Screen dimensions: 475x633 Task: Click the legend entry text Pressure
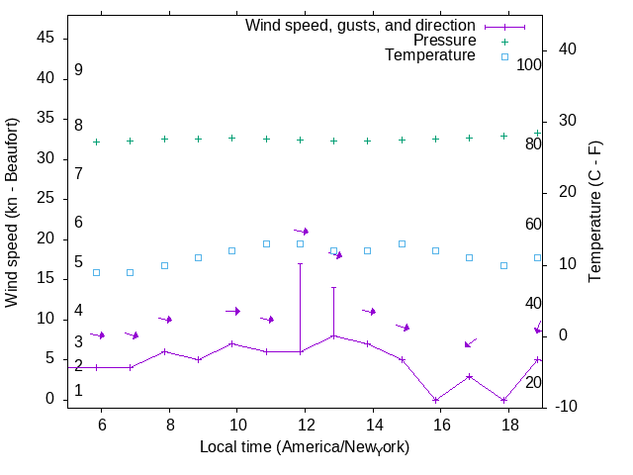[x=444, y=41]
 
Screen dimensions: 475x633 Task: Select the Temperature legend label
[x=430, y=55]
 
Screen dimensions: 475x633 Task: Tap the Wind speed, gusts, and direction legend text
[x=361, y=26]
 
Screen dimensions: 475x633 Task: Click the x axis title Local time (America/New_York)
[x=305, y=446]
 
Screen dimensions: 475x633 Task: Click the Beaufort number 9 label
[x=78, y=70]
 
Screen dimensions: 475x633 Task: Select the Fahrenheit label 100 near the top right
[x=529, y=64]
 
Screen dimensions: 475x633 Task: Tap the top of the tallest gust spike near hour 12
[x=300, y=263]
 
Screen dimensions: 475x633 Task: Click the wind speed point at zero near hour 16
[x=435, y=400]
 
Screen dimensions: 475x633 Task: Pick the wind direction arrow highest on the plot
[x=302, y=231]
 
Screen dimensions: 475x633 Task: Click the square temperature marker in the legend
[x=503, y=56]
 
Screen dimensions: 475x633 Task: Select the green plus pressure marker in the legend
[x=503, y=42]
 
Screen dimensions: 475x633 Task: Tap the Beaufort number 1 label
[x=78, y=391]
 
